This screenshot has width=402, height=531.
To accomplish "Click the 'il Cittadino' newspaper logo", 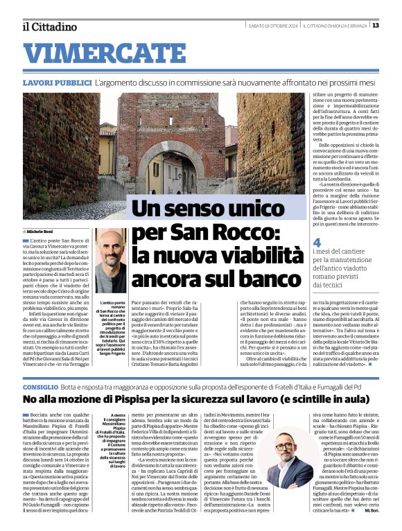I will coord(49,26).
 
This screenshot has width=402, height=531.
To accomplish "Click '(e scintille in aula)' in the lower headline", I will coord(320,400).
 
